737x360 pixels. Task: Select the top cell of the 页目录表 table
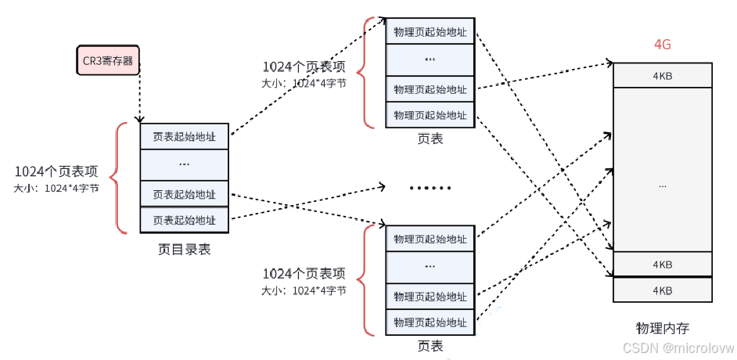coord(185,136)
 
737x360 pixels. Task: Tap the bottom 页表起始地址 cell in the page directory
coord(185,220)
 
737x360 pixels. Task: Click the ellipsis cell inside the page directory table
coord(185,164)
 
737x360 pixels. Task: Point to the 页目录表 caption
coord(184,250)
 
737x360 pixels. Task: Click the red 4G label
coord(662,45)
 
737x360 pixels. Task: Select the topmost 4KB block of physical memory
coord(663,76)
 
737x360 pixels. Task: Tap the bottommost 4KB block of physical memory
coord(663,290)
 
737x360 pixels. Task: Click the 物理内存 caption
coord(663,327)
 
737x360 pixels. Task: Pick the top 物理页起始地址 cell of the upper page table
coord(430,31)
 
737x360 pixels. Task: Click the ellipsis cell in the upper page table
coord(430,59)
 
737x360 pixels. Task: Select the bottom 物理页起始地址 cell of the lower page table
coord(430,322)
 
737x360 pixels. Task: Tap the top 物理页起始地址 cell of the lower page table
coord(430,238)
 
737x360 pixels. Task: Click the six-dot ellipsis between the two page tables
coord(430,188)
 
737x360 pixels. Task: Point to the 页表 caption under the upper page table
coord(430,139)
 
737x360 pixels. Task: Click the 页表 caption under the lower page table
coord(430,345)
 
